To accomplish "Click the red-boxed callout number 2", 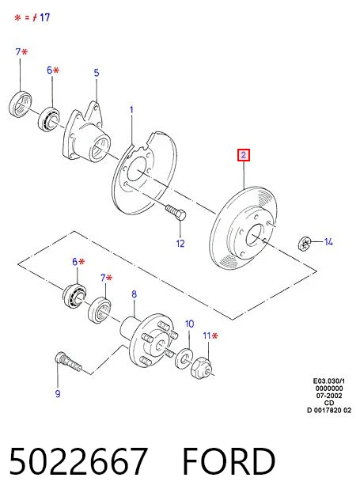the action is click(x=244, y=155).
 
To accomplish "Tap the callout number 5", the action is click(x=97, y=73).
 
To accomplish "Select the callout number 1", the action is click(x=131, y=110).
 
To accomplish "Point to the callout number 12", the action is click(x=180, y=244).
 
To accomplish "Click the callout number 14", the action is click(x=328, y=242).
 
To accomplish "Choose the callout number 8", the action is click(x=134, y=294).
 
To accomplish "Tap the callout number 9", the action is click(x=58, y=393).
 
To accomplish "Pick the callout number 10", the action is click(x=190, y=324).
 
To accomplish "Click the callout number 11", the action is click(x=207, y=336).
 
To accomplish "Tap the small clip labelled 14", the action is click(x=304, y=244).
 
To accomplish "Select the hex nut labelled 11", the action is click(x=201, y=369).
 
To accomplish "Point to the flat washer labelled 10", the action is click(x=184, y=358).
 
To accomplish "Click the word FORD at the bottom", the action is click(x=229, y=461).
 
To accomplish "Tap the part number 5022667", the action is click(x=79, y=461).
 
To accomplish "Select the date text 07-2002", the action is click(x=329, y=396).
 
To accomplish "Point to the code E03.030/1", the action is click(x=329, y=381).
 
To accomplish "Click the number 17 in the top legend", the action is click(x=44, y=17).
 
